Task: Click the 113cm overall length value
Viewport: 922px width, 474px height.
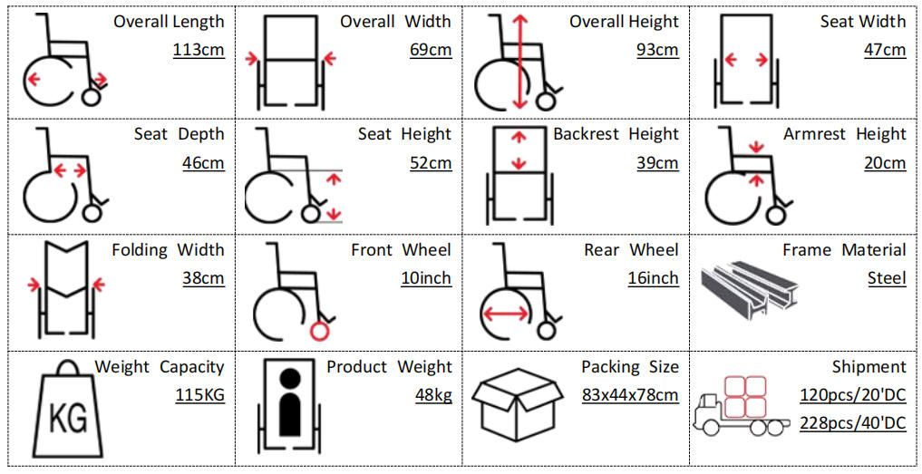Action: point(199,50)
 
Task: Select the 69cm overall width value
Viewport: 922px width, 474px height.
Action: point(430,50)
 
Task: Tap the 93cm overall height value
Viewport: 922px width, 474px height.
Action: point(656,50)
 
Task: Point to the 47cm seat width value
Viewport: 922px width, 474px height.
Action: point(884,50)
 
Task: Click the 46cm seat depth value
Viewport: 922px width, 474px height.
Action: point(203,164)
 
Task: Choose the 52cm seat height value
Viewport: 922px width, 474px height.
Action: point(430,164)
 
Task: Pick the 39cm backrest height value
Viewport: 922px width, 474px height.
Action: point(656,164)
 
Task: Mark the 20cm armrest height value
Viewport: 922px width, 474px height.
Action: point(884,164)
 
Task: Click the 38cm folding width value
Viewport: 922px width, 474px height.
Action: point(203,279)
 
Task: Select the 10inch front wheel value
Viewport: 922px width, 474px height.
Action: point(425,279)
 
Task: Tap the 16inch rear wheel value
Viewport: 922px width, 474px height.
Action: point(653,279)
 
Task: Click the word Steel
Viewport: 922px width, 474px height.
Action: point(887,279)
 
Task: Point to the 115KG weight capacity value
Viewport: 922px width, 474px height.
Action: point(199,396)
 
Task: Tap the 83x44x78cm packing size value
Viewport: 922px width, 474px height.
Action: point(630,396)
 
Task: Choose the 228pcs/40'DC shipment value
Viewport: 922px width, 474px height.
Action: point(852,423)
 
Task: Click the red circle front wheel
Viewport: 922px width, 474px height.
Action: point(319,332)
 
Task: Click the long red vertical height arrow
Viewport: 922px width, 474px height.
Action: point(519,60)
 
